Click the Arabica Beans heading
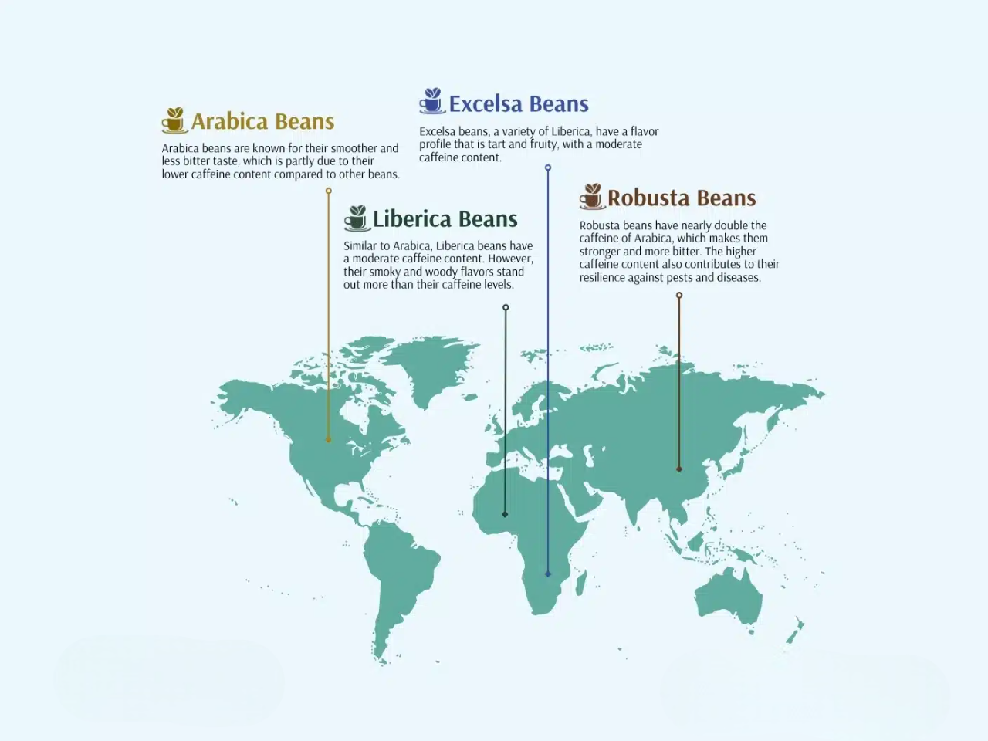click(262, 122)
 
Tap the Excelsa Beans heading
click(519, 104)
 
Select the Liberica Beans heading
click(445, 219)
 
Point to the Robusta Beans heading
click(682, 198)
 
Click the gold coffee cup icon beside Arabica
click(174, 120)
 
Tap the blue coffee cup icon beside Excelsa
click(432, 101)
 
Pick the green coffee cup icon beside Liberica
click(356, 218)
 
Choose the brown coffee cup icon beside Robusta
click(591, 197)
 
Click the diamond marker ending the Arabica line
click(328, 440)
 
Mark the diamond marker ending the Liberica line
click(505, 514)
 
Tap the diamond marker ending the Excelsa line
click(548, 574)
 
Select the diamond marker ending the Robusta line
click(679, 469)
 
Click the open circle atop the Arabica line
click(328, 191)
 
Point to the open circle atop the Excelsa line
click(548, 167)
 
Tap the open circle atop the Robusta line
click(679, 296)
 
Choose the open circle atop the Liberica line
click(506, 307)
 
